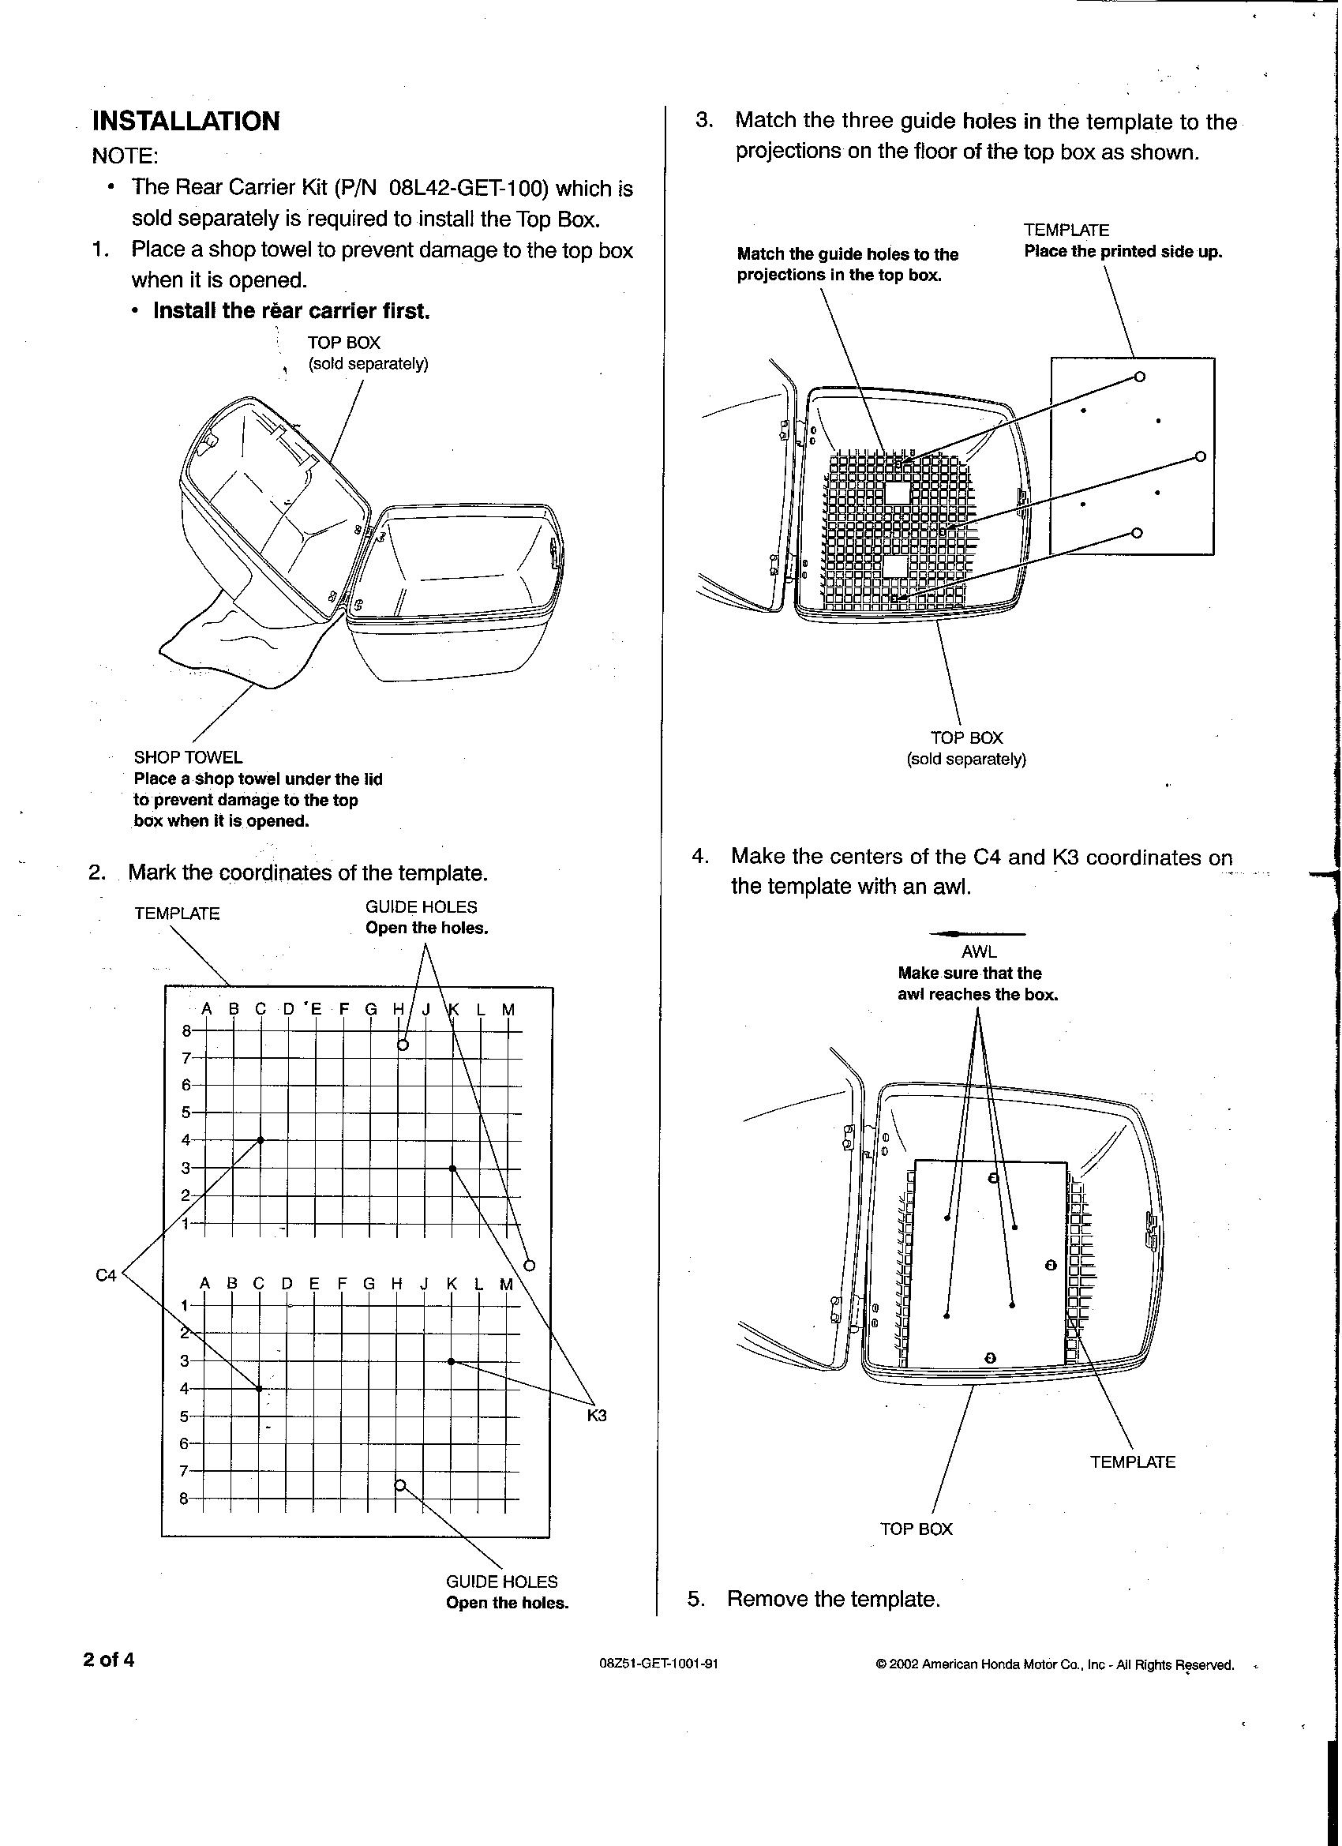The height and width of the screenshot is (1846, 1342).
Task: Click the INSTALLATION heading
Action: click(186, 122)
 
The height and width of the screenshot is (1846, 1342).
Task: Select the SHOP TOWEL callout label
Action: click(188, 757)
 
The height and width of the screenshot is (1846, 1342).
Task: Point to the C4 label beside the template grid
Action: click(107, 1275)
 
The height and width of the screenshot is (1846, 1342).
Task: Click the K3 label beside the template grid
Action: click(597, 1416)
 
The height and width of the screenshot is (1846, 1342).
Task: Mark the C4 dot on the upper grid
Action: click(261, 1139)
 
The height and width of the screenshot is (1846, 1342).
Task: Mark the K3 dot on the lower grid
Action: click(451, 1361)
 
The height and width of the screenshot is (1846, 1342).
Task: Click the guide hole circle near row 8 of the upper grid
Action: click(402, 1045)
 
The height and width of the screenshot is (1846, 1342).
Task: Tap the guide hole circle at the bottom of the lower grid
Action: click(399, 1484)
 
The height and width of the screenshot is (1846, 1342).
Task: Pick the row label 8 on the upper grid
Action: click(186, 1030)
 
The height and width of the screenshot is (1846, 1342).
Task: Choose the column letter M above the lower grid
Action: click(506, 1284)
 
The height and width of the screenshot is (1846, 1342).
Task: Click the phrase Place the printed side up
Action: click(1123, 252)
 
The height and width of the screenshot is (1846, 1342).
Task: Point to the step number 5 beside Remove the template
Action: click(695, 1599)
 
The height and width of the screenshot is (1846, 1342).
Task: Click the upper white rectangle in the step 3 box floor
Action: click(897, 493)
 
